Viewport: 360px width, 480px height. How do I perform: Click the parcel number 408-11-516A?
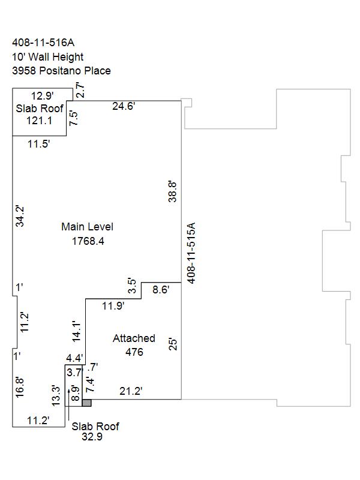(x=43, y=43)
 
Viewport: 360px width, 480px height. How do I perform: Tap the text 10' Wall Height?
(x=48, y=57)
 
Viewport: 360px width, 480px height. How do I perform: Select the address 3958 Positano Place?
(x=61, y=71)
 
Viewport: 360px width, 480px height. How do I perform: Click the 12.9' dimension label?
(x=43, y=96)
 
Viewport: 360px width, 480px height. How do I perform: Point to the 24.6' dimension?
(x=124, y=106)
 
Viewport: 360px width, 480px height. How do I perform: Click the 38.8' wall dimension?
(x=173, y=191)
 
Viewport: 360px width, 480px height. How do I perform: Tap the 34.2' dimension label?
(x=20, y=216)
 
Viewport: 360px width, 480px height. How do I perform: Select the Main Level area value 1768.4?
(x=88, y=241)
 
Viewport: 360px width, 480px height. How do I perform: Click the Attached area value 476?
(x=134, y=352)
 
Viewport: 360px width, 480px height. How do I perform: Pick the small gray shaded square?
(x=86, y=403)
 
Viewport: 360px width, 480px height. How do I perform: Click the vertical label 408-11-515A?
(x=191, y=253)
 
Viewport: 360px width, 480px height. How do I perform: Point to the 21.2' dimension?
(x=131, y=391)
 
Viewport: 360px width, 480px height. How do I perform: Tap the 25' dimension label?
(x=173, y=344)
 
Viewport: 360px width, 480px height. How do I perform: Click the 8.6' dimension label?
(x=161, y=290)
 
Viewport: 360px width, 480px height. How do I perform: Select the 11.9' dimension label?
(x=113, y=305)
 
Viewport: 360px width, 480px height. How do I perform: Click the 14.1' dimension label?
(x=76, y=331)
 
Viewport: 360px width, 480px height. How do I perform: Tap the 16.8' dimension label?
(x=20, y=387)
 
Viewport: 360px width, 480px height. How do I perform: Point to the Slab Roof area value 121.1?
(x=39, y=121)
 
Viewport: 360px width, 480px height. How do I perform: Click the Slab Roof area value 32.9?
(x=92, y=437)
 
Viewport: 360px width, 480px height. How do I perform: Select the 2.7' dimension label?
(x=80, y=90)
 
